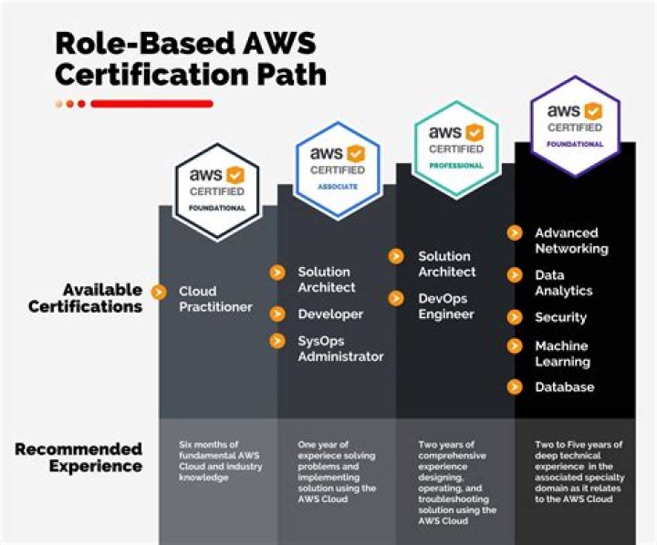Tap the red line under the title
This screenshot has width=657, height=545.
click(151, 104)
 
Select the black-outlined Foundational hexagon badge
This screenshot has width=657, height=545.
click(216, 191)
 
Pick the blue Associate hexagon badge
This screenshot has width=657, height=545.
click(338, 170)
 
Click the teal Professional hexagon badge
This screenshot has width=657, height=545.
click(456, 149)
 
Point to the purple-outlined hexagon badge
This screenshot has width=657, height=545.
click(575, 126)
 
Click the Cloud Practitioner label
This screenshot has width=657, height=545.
click(215, 300)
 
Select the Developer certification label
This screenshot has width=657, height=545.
click(330, 314)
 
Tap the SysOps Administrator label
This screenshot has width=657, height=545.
click(340, 349)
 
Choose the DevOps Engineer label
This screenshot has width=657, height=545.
click(446, 306)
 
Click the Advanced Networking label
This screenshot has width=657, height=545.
click(571, 241)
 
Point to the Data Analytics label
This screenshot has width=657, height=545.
click(563, 283)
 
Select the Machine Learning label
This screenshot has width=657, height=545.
click(562, 354)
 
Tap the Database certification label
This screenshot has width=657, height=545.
click(564, 387)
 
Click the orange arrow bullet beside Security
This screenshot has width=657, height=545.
click(515, 317)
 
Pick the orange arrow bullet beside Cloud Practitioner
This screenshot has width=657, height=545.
click(160, 293)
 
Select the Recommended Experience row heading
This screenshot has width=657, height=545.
click(78, 458)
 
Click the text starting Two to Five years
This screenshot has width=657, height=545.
click(579, 472)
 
